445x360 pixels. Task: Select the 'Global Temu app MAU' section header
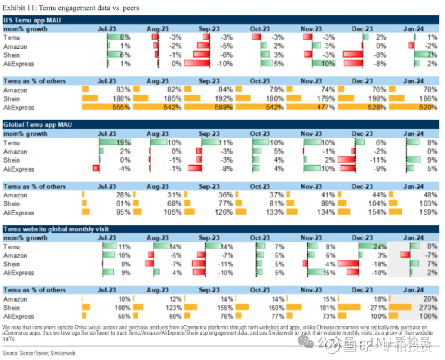(37, 125)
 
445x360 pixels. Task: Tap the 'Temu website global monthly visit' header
(56, 229)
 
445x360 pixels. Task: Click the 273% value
(428, 308)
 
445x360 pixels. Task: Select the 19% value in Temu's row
(123, 143)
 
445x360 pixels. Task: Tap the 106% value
(428, 317)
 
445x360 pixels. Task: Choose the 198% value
(377, 98)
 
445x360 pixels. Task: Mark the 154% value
(377, 212)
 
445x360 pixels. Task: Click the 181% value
(326, 308)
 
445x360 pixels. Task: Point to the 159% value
(428, 212)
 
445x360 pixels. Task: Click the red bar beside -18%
(348, 264)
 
